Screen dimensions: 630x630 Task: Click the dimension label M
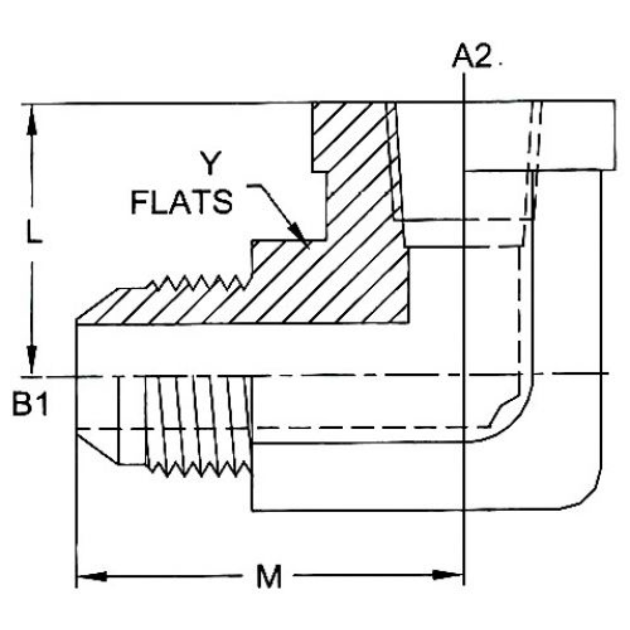pos(269,577)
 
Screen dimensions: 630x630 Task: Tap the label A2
pos(473,57)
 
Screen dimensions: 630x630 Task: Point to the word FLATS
pos(181,202)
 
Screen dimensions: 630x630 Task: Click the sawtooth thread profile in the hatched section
pos(198,284)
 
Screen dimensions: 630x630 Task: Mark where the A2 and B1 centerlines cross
pos(464,374)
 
